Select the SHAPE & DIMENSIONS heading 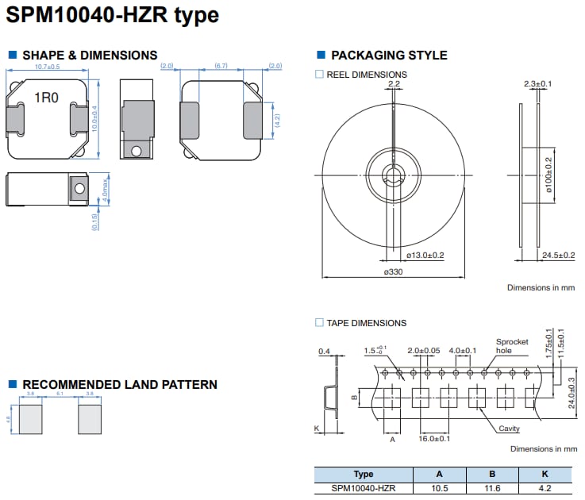click(x=90, y=55)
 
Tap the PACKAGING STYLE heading click(x=388, y=55)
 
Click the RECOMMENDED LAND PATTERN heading click(x=119, y=385)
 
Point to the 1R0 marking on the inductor click(x=45, y=99)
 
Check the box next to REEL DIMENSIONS click(x=320, y=75)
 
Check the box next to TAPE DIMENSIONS click(x=320, y=323)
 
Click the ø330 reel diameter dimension click(x=394, y=272)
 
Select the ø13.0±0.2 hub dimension click(x=425, y=255)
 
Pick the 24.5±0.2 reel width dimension click(x=558, y=255)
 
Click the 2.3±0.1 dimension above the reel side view click(x=538, y=83)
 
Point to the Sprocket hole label click(x=512, y=346)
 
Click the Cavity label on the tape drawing click(x=509, y=429)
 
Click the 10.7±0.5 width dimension click(x=48, y=67)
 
